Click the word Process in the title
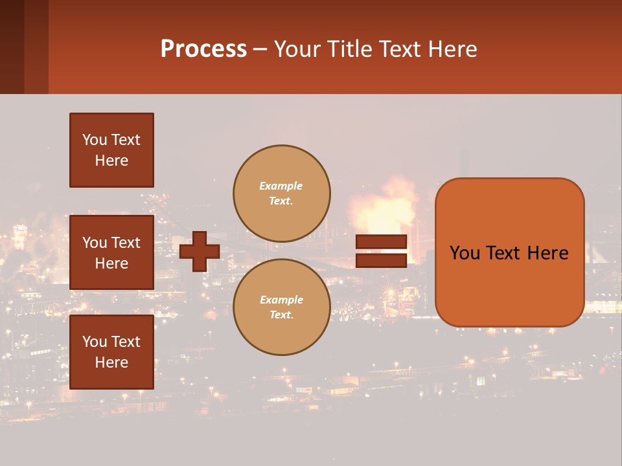point(203,49)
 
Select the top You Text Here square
point(111,150)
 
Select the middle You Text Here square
point(111,252)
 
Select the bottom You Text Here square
point(111,351)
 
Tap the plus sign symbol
point(200,251)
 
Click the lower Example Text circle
point(281,307)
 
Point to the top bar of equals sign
point(381,241)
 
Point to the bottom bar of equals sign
point(381,260)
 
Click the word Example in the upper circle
point(281,186)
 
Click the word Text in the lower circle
point(281,315)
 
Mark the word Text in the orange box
point(509,253)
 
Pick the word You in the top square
point(94,140)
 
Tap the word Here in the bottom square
point(111,362)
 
